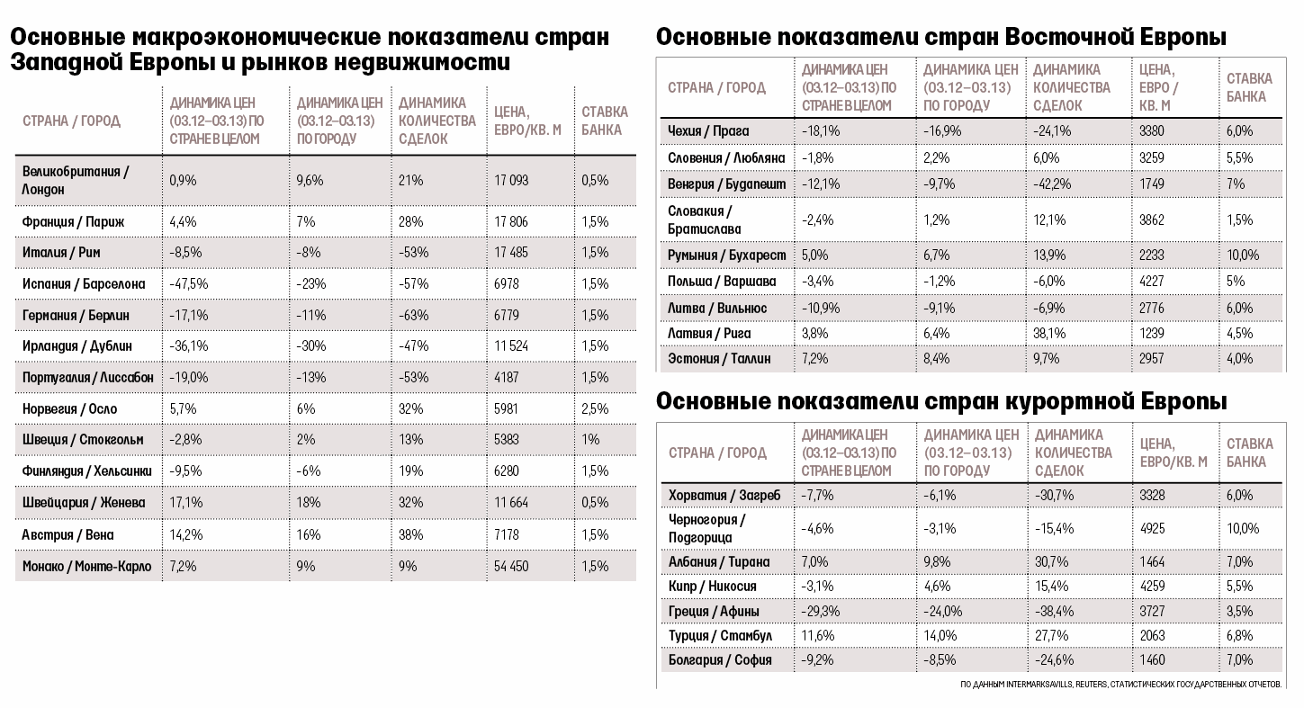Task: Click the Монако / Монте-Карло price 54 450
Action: pos(511,566)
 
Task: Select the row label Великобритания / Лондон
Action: pos(76,180)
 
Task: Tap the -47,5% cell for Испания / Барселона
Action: pos(189,284)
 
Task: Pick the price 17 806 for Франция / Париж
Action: pos(511,221)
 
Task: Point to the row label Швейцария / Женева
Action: pos(84,503)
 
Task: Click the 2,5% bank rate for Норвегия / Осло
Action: pos(595,409)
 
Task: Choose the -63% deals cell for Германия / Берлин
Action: pos(413,315)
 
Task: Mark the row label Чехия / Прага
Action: pos(708,131)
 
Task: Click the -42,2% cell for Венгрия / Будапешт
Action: pos(1052,184)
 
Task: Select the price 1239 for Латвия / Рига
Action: pos(1152,334)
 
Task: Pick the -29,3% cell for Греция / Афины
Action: pos(821,612)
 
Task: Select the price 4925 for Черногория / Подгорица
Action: pos(1153,529)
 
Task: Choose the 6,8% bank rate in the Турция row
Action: pos(1240,636)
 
